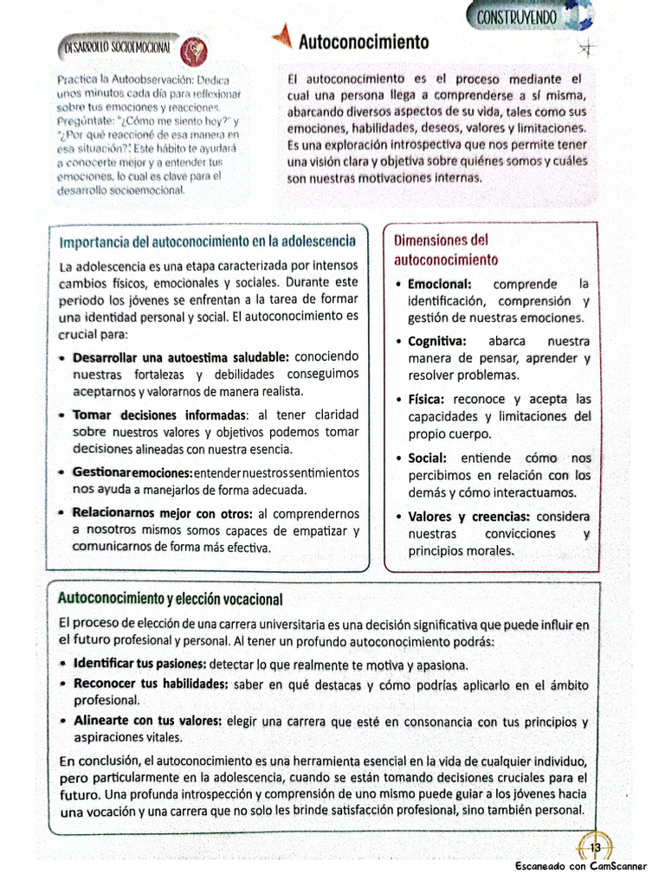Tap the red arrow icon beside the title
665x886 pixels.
click(281, 38)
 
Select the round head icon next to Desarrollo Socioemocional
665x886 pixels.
click(192, 50)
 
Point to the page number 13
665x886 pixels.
click(595, 847)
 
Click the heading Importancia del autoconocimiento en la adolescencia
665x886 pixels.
click(208, 240)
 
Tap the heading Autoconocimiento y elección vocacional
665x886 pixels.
click(170, 599)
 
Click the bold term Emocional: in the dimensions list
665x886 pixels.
click(440, 284)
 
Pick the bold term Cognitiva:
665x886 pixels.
click(437, 341)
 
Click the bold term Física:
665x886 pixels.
click(427, 399)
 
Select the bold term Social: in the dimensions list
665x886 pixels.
click(428, 458)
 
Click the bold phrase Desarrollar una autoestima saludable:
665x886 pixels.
click(181, 356)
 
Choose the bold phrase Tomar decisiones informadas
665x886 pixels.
click(160, 415)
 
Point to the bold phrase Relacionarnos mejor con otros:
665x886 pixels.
click(163, 513)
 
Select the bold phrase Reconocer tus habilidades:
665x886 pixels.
click(152, 684)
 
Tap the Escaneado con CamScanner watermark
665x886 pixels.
click(585, 867)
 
